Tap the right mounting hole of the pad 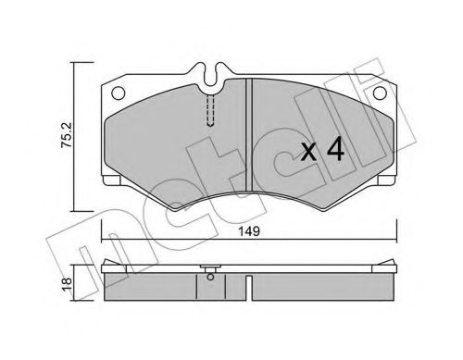(x=380, y=93)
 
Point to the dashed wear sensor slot (x=210, y=112)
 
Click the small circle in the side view (x=210, y=273)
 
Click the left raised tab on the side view (x=116, y=265)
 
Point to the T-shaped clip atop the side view (x=210, y=264)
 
